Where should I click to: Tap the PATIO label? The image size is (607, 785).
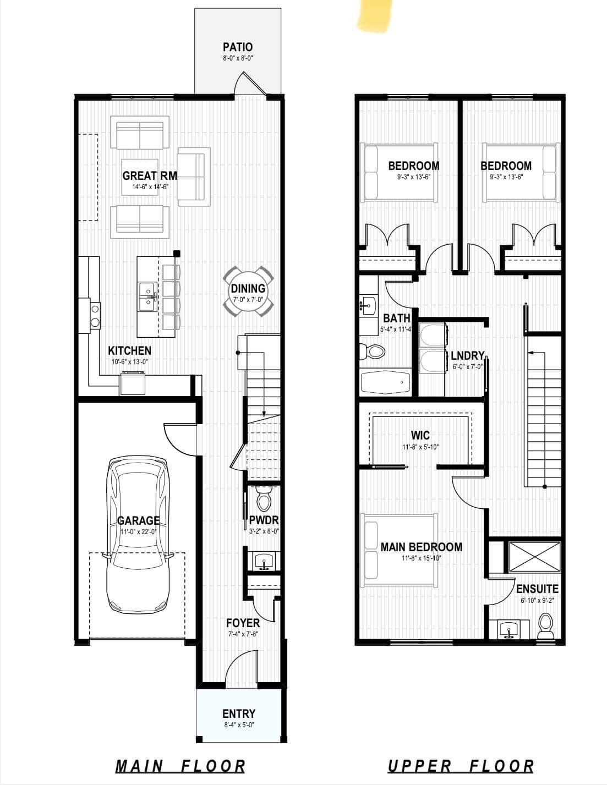coord(238,47)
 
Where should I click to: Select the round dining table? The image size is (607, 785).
coord(248,292)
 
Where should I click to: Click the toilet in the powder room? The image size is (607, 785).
coord(263,499)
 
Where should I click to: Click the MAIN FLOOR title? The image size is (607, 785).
coord(181,766)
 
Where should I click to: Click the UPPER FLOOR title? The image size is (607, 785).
coord(461,766)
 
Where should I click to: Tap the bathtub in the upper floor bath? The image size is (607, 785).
coord(386,382)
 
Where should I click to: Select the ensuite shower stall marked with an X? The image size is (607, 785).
coord(535,557)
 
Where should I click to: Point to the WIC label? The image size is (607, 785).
coord(420,435)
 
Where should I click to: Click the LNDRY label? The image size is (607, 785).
coord(468,355)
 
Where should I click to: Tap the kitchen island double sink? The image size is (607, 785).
coord(147,298)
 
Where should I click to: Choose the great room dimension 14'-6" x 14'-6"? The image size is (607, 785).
coord(150,187)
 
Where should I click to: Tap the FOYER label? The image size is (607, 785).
coord(243,623)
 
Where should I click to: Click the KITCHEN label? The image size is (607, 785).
coord(130,350)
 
